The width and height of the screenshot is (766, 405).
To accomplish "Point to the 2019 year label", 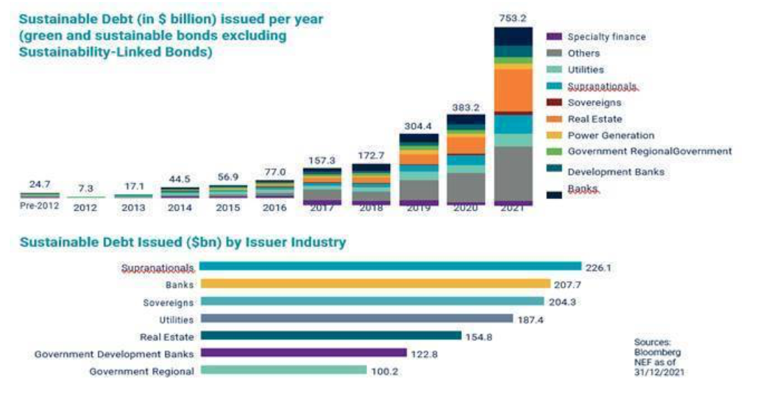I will [418, 208].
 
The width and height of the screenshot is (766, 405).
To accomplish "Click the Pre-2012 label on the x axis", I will [40, 207].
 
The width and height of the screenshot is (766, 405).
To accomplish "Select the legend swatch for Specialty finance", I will [555, 36].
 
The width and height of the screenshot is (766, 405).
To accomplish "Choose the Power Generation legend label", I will [611, 135].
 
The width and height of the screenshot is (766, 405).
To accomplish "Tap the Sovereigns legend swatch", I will [555, 103].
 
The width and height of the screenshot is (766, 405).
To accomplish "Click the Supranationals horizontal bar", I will [390, 266].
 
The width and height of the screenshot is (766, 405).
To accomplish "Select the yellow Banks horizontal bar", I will [375, 284].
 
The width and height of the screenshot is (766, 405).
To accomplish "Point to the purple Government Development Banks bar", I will [303, 353].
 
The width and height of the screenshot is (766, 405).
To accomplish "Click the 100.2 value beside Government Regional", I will [385, 371].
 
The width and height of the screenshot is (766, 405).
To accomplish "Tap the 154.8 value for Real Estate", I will [480, 336].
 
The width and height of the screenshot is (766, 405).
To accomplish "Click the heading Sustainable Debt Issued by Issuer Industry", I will [183, 243].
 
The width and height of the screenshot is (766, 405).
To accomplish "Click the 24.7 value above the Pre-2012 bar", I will [40, 184].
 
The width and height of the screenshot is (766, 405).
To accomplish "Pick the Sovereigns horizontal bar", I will [372, 301].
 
